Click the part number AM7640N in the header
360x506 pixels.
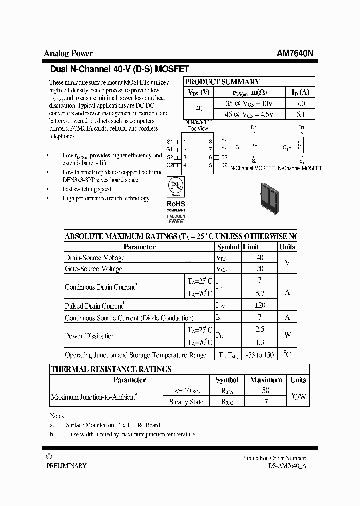coord(296,54)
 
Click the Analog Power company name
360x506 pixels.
coord(68,54)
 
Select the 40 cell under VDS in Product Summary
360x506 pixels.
coord(199,109)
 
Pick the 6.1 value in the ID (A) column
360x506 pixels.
coord(300,114)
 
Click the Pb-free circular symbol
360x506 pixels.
coord(175,186)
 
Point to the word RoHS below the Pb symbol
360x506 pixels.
coord(176,204)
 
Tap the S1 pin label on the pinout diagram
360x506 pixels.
coord(170,141)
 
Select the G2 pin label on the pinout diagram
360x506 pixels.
coord(170,165)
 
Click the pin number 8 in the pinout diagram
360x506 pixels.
coord(211,141)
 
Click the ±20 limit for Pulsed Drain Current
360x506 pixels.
coord(259,305)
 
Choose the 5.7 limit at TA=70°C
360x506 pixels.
coord(259,293)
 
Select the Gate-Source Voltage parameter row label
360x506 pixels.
coord(94,269)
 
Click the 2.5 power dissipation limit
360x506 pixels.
coord(259,330)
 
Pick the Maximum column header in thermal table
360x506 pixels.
coord(266,380)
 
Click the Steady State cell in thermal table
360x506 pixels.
coord(186,402)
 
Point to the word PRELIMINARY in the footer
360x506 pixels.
coord(66,465)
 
